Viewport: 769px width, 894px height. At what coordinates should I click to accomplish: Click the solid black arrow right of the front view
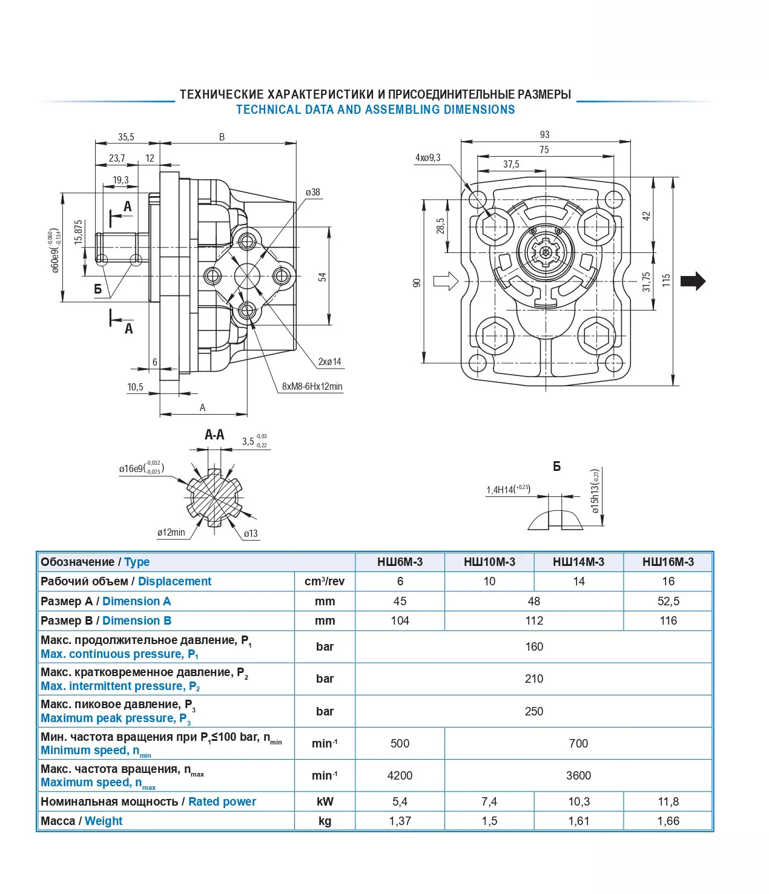pyautogui.click(x=693, y=281)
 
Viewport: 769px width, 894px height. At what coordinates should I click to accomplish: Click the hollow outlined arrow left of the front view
pyautogui.click(x=446, y=280)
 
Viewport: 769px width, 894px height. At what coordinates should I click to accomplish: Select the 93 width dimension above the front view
pyautogui.click(x=544, y=134)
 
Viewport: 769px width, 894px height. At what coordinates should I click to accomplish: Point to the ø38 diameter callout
pyautogui.click(x=312, y=192)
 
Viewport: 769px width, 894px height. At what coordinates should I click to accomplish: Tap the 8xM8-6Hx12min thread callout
pyautogui.click(x=312, y=386)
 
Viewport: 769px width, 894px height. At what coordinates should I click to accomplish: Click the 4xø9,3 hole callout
pyautogui.click(x=427, y=158)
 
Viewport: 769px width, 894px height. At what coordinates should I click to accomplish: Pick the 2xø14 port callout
pyautogui.click(x=329, y=362)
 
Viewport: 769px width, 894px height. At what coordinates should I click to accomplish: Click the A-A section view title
pyautogui.click(x=214, y=435)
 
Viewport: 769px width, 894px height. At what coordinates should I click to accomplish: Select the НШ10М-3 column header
pyautogui.click(x=489, y=562)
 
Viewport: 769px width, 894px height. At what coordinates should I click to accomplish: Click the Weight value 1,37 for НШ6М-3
pyautogui.click(x=400, y=821)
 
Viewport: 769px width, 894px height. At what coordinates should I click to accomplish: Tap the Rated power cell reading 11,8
pyautogui.click(x=668, y=801)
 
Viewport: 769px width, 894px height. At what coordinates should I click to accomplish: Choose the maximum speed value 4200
pyautogui.click(x=400, y=775)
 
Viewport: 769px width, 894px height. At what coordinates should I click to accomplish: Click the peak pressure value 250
pyautogui.click(x=533, y=711)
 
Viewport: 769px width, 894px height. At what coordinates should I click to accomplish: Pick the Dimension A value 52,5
pyautogui.click(x=668, y=601)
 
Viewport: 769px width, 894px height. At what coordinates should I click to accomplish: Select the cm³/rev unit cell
pyautogui.click(x=325, y=581)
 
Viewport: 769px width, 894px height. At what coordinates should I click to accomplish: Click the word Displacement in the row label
pyautogui.click(x=174, y=581)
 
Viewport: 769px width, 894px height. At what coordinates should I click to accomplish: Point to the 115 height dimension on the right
pyautogui.click(x=666, y=280)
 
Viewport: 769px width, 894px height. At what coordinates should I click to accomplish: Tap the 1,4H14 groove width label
pyautogui.click(x=507, y=489)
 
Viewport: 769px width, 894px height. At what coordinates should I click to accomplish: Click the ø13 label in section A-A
pyautogui.click(x=251, y=533)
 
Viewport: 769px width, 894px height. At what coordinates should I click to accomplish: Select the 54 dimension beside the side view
pyautogui.click(x=322, y=277)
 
